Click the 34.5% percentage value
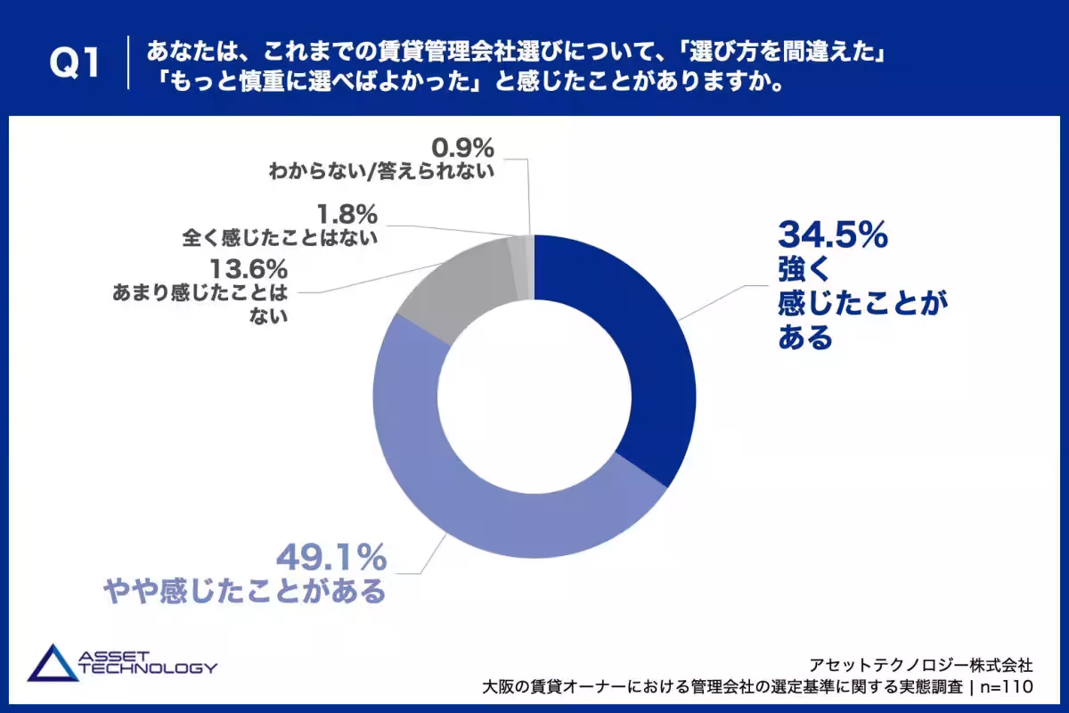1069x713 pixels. pyautogui.click(x=833, y=235)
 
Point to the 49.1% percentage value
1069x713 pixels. pyautogui.click(x=331, y=557)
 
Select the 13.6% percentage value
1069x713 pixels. pyautogui.click(x=249, y=269)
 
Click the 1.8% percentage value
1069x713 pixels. pyautogui.click(x=347, y=214)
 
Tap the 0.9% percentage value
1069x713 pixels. pyautogui.click(x=462, y=148)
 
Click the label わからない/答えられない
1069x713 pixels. pyautogui.click(x=381, y=171)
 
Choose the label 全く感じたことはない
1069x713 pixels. pyautogui.click(x=280, y=238)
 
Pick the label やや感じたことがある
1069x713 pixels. pyautogui.click(x=244, y=591)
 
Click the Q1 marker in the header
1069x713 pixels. pyautogui.click(x=75, y=63)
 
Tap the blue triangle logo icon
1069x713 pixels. pyautogui.click(x=53, y=663)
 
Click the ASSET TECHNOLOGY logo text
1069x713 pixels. pyautogui.click(x=148, y=662)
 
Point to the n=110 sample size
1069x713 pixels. pyautogui.click(x=1007, y=687)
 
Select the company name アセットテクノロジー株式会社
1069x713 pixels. pyautogui.click(x=921, y=665)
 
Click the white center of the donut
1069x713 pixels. pyautogui.click(x=534, y=397)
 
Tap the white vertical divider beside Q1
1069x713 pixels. pyautogui.click(x=128, y=62)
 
